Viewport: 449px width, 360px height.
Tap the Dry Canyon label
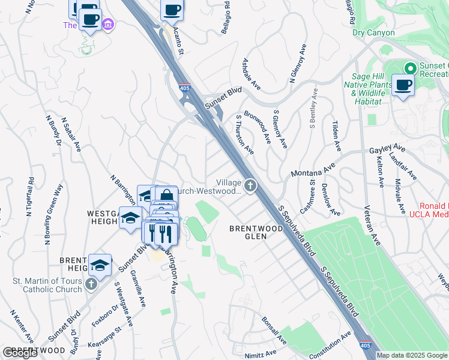pos(373,33)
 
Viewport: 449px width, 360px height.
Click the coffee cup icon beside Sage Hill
pos(403,85)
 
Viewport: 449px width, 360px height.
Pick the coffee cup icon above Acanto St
pos(172,10)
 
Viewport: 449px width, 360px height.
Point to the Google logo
pos(20,352)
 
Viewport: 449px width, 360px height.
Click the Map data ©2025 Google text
pos(411,355)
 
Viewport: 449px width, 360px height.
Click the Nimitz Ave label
pos(260,353)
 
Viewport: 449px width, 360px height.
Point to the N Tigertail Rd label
pos(29,197)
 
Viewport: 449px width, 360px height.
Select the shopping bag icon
pos(166,196)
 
